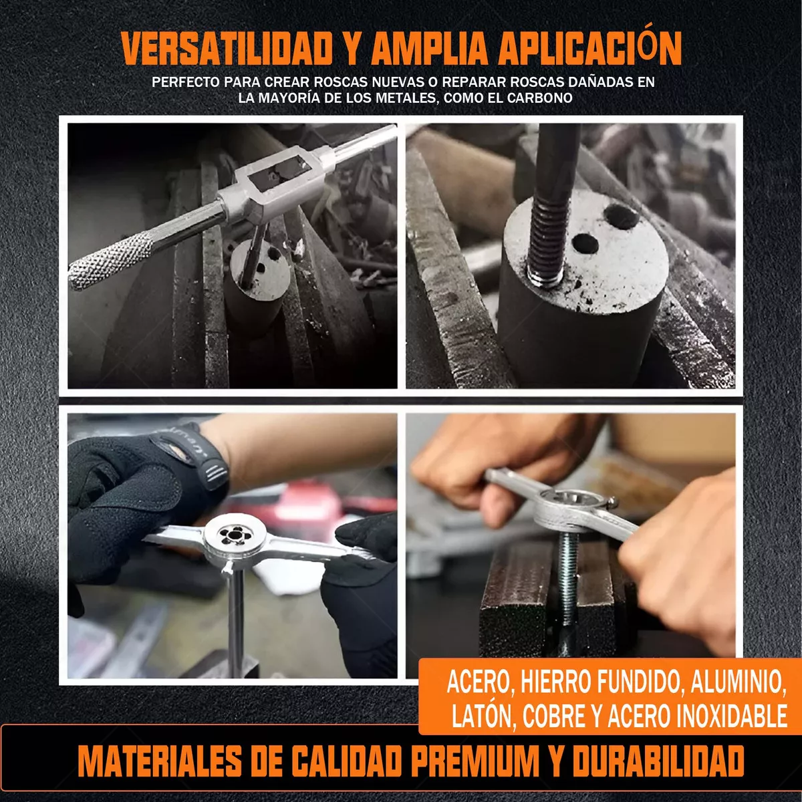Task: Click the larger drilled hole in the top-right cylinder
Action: (621, 216)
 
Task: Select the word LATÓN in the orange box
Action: (481, 716)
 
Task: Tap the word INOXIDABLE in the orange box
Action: (732, 716)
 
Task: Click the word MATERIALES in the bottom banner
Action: (160, 761)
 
